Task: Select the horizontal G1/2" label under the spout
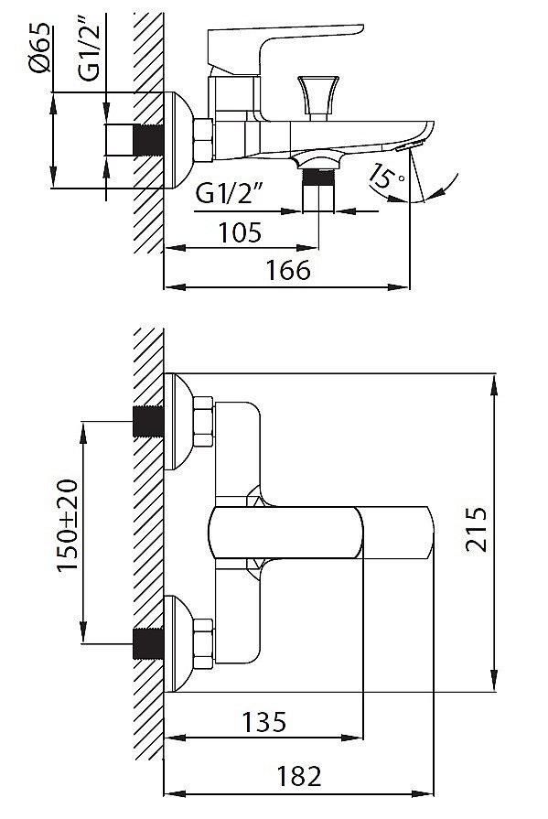click(229, 194)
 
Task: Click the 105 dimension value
click(240, 232)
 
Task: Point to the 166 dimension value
click(288, 270)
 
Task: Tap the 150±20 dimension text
click(68, 524)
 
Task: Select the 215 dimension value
click(476, 529)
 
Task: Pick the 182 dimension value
click(298, 776)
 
